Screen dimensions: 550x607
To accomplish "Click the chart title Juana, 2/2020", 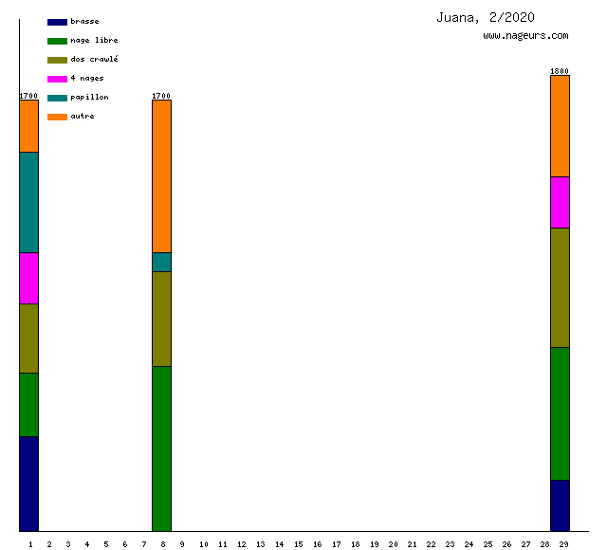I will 486,17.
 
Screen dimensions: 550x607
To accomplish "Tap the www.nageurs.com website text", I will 525,36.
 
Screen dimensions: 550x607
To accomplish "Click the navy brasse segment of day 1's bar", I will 29,484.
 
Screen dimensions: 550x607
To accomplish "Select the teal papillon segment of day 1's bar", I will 29,202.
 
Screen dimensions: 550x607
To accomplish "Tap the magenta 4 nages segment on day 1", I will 29,278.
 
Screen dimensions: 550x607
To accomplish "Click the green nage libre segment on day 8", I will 162,449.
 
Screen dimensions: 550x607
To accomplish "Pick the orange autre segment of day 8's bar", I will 162,175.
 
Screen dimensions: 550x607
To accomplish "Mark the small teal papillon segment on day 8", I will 162,262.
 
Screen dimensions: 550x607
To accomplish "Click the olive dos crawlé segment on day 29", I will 561,287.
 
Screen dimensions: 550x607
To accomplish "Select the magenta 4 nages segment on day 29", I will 561,202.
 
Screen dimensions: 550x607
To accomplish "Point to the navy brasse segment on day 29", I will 561,505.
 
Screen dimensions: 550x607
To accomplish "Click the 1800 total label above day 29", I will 560,71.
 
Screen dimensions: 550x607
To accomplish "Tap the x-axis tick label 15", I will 298,544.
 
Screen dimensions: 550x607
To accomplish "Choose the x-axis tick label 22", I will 431,544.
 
